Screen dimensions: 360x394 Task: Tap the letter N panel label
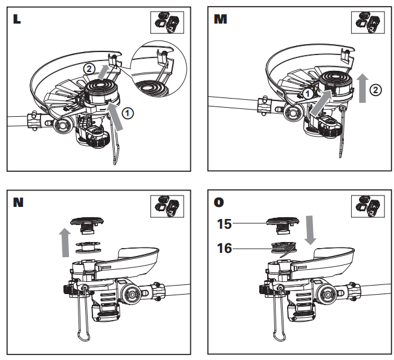pos(18,201)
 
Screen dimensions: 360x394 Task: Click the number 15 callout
pos(224,224)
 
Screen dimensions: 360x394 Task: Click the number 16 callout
pos(224,247)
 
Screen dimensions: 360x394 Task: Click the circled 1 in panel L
pos(128,113)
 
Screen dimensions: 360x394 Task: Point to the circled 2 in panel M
pos(375,90)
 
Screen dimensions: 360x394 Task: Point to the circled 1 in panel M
pos(308,94)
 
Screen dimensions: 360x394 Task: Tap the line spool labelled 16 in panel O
pos(281,247)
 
